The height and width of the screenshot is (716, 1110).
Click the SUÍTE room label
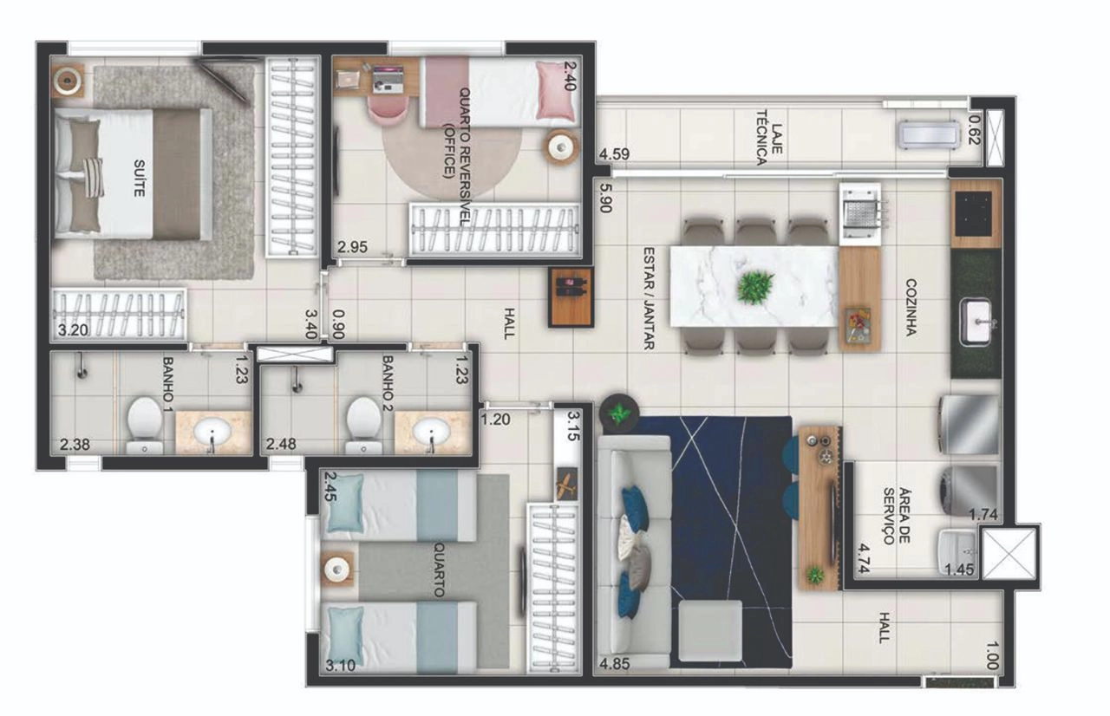140,179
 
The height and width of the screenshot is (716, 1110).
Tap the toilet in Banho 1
145,426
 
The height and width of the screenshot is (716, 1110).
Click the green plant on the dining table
755,288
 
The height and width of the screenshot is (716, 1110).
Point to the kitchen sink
976,322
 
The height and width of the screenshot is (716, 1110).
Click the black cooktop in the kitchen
974,213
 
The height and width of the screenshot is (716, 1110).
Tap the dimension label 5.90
605,198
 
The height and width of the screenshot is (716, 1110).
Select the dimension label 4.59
615,154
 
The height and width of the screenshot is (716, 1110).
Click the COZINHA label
911,308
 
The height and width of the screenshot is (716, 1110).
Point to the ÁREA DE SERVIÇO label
898,516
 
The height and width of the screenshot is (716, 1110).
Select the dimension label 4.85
615,663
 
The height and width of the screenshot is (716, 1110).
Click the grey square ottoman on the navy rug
710,631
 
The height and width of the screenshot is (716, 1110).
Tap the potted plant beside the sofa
619,413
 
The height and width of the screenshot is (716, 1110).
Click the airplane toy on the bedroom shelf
567,484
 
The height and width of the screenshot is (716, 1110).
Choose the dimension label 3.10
341,666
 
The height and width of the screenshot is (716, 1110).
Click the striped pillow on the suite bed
93,178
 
